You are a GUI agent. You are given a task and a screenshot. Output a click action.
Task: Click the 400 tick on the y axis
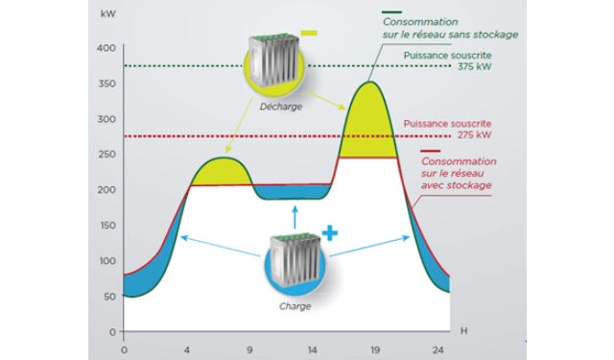(x=106, y=48)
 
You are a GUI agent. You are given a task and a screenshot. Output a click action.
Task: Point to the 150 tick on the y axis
(x=106, y=226)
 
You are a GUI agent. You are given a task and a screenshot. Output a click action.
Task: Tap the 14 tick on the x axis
(x=312, y=349)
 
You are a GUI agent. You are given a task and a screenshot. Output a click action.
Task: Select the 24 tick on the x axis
(x=437, y=349)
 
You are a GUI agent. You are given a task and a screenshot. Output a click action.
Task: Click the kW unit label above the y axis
(x=108, y=13)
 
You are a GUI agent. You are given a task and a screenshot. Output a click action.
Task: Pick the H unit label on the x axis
(x=463, y=331)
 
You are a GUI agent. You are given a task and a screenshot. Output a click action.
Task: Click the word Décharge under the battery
(x=281, y=107)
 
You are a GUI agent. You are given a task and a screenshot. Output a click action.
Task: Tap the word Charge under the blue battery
(x=295, y=306)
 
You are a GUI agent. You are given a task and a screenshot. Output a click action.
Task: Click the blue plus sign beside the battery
(x=330, y=233)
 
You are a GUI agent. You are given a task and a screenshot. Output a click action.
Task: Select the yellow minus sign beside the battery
(x=309, y=34)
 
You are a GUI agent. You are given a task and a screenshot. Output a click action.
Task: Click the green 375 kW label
(x=474, y=66)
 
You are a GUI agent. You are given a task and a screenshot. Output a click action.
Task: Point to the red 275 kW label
(x=474, y=135)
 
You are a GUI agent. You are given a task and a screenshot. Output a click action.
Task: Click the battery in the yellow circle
(x=275, y=60)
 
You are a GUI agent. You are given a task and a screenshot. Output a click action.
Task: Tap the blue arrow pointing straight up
(x=295, y=217)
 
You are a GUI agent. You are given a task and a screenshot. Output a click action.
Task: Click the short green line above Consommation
(x=391, y=12)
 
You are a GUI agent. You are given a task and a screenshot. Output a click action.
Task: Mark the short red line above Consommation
(x=431, y=151)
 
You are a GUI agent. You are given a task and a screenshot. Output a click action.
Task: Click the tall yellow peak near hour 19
(x=368, y=126)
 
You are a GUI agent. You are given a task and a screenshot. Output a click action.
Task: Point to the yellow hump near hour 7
(x=222, y=173)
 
